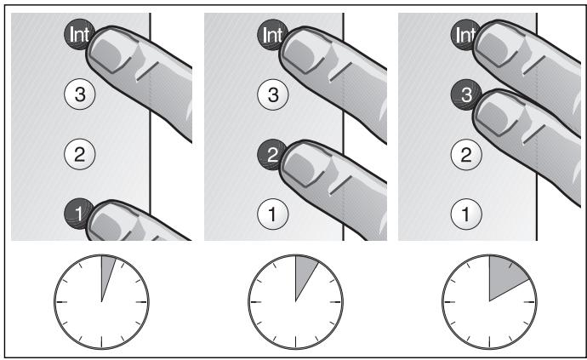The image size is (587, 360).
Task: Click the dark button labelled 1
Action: coord(78,214)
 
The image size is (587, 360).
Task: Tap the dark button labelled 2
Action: coord(271,154)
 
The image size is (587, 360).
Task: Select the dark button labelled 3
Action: coord(465,94)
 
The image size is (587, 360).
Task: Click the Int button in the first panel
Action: coord(79,35)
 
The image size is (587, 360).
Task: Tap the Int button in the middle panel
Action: coord(272,35)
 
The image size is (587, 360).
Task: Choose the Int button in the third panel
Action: coord(465,35)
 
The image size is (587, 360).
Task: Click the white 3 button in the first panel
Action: coord(80,94)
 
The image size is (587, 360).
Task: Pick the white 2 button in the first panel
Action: coord(80,154)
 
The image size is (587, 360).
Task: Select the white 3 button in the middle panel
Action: coord(273,94)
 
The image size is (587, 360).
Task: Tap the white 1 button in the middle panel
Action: coord(273,214)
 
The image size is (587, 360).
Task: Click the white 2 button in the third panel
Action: coord(466,154)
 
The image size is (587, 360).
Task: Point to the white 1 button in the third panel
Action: coord(466,214)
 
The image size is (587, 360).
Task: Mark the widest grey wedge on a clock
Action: coord(504,276)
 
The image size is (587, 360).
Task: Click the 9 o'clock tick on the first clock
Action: coord(61,301)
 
